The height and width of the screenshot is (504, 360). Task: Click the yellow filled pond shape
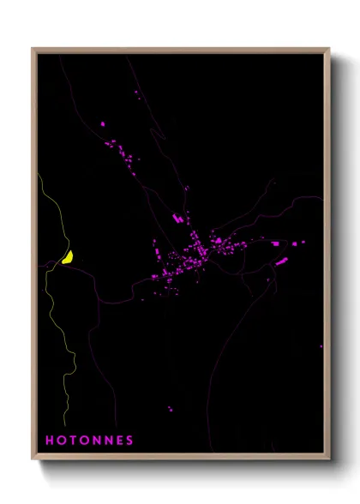[67, 256]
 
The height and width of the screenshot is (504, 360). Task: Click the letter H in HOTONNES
[49, 441]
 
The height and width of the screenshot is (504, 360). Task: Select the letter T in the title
[73, 441]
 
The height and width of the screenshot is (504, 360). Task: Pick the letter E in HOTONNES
[117, 441]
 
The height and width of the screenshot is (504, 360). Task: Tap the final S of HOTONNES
[129, 441]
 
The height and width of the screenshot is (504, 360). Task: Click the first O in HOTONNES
[61, 441]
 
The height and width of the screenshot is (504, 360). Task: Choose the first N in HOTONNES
[95, 441]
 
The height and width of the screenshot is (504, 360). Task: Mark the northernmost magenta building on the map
[135, 91]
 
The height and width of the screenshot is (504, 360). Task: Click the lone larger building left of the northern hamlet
[104, 124]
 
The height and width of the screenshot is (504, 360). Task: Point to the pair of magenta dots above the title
[171, 409]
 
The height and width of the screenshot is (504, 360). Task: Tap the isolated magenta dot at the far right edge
[321, 346]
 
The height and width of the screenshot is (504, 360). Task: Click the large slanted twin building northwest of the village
[178, 219]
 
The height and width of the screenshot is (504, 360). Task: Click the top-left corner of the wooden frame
[33, 49]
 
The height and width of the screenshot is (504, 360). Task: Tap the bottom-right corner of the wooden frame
[328, 459]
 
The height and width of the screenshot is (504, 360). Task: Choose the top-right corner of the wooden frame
[328, 49]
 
